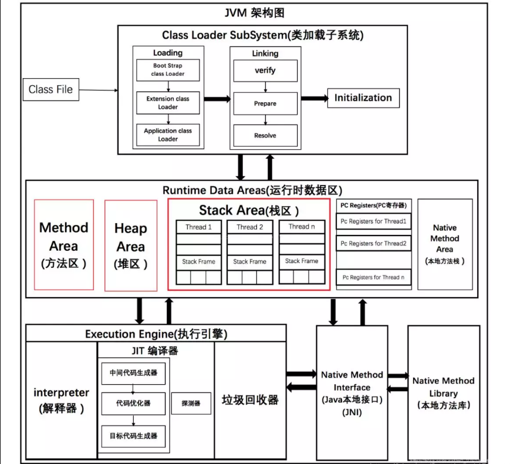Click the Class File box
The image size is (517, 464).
coord(51,89)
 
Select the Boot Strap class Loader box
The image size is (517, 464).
coord(168,70)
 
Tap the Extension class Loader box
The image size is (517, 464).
coord(168,103)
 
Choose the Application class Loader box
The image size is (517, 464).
coord(168,135)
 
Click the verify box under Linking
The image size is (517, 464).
coord(265,70)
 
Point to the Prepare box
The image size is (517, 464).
coord(265,103)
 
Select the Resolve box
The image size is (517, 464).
coord(265,135)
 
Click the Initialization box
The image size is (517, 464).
coord(363,98)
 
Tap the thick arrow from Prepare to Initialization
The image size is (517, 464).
coord(315,98)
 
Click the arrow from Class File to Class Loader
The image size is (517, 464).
coord(98,90)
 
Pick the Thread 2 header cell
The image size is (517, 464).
coord(250,227)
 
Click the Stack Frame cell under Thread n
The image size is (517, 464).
coord(302,261)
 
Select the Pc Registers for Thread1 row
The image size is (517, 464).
coord(374,221)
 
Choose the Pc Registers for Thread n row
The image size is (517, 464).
coord(374,277)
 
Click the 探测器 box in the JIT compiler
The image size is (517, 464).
coord(191,404)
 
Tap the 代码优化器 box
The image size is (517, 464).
coord(133,404)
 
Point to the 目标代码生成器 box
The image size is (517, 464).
coord(133,436)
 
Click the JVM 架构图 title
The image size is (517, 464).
coord(255,13)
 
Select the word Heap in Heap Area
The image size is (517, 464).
coord(131,228)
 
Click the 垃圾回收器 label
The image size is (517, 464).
coord(250,400)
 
